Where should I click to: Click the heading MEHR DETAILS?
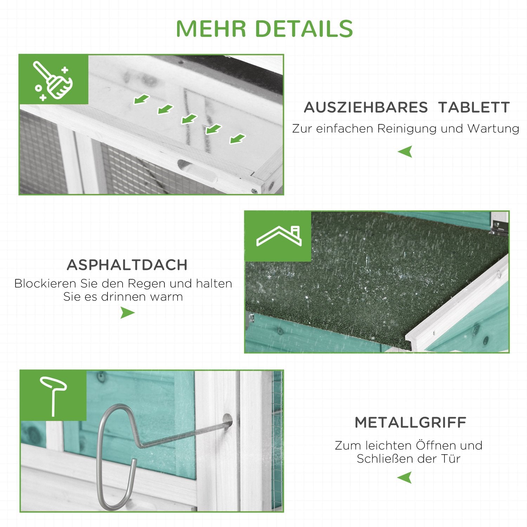click(264, 28)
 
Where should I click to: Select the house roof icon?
click(279, 236)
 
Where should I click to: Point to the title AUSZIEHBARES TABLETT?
click(406, 108)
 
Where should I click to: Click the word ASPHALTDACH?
click(127, 265)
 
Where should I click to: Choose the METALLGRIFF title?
click(410, 422)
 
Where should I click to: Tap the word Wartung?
click(493, 129)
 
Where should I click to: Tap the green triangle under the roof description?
click(127, 312)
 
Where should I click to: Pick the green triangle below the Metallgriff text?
click(405, 478)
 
